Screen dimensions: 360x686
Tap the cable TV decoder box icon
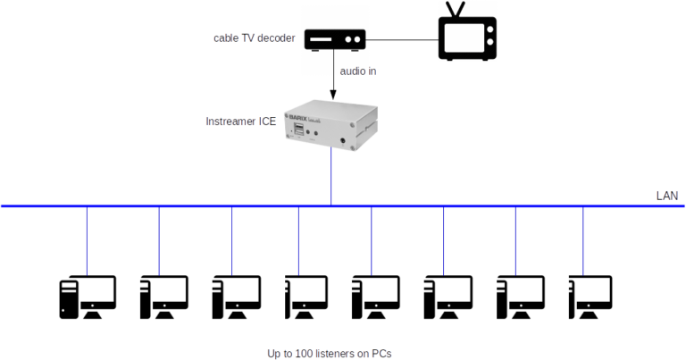334,39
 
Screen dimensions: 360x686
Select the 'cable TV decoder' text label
255,38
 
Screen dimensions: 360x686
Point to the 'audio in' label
356,71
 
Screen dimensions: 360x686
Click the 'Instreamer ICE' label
240,121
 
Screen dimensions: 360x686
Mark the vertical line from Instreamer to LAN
332,179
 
